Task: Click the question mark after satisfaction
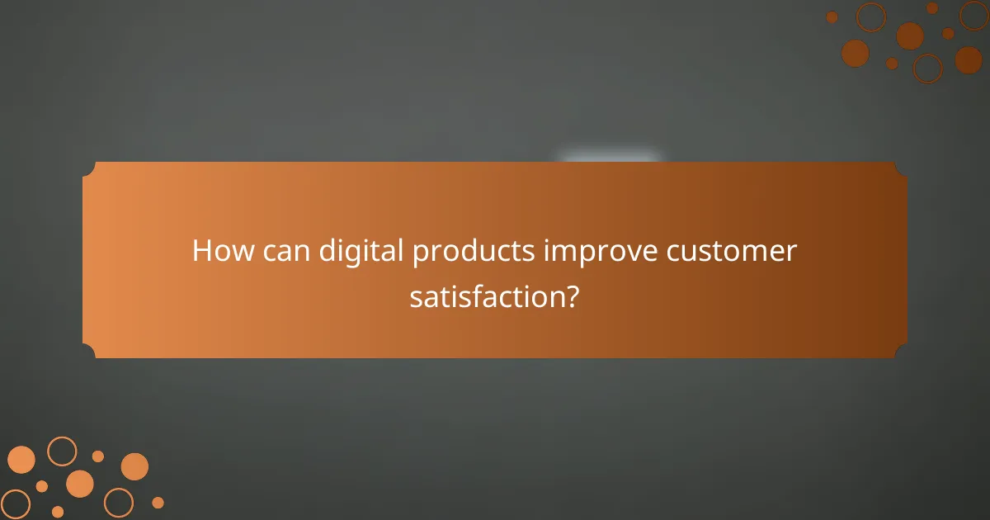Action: [571, 296]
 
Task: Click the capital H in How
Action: [202, 251]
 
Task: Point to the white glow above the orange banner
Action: [609, 158]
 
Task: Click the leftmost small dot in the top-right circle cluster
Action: [832, 17]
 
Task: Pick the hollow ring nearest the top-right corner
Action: [974, 15]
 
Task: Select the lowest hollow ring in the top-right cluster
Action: [927, 69]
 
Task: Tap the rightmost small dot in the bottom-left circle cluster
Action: [158, 503]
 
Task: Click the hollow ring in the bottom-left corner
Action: [15, 503]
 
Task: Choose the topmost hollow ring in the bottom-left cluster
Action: [62, 451]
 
